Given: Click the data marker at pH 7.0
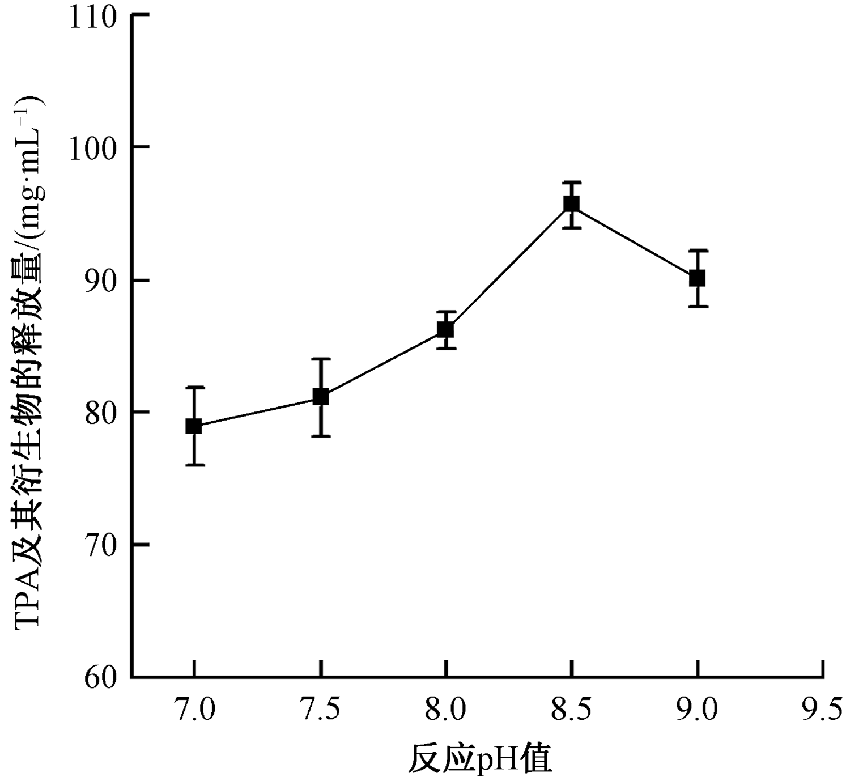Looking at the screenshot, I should [x=194, y=426].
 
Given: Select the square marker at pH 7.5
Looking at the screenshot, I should [x=321, y=397].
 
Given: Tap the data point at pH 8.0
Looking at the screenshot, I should [x=446, y=329].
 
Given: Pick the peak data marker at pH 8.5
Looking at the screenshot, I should [x=572, y=203].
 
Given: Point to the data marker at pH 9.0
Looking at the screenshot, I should [x=698, y=278].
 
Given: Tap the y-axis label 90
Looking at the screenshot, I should [x=100, y=281].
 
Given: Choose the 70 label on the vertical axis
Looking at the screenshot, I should [x=100, y=545].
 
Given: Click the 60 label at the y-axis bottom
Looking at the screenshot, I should [x=100, y=678].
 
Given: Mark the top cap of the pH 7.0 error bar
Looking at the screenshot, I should [x=194, y=388].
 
